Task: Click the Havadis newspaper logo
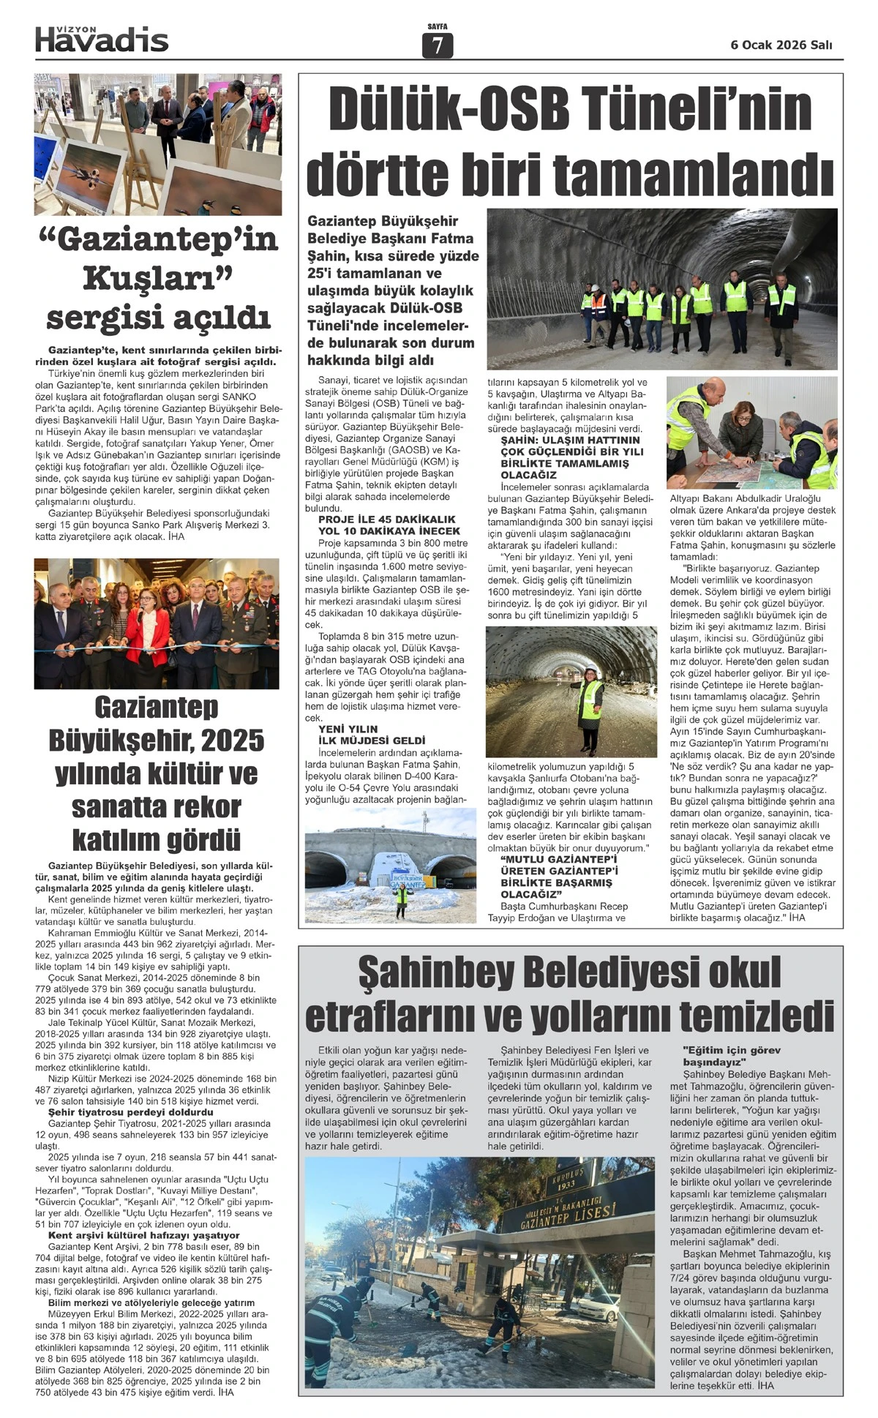(102, 39)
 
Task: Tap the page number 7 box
(438, 45)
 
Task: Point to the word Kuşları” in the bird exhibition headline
(157, 279)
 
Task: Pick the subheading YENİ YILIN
(348, 729)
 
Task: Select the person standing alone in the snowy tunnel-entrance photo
(401, 901)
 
